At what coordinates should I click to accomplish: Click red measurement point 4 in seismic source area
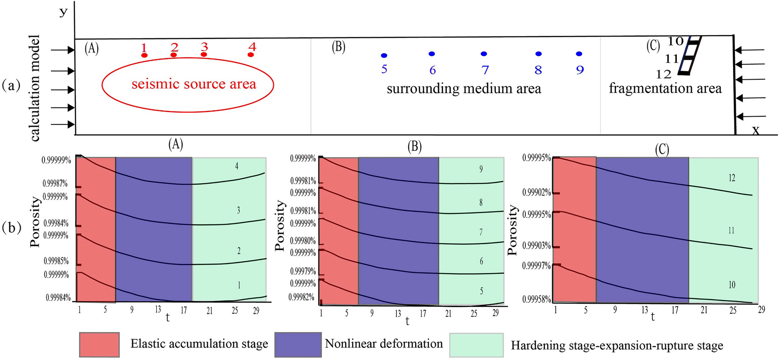[x=251, y=55]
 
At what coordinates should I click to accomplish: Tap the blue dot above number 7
[x=484, y=54]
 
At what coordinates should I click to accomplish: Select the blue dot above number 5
[x=384, y=55]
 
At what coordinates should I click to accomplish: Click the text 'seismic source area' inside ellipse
[x=194, y=84]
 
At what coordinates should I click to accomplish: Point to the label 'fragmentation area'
[x=665, y=88]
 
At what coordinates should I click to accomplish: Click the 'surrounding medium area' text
[x=464, y=88]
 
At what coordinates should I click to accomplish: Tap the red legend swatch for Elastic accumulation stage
[x=100, y=345]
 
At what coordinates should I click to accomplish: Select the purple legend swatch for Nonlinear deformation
[x=298, y=345]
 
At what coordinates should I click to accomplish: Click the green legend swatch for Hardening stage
[x=476, y=345]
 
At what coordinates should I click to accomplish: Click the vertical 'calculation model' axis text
[x=35, y=88]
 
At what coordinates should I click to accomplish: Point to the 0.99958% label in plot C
[x=536, y=299]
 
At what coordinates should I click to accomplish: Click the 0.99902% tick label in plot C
[x=536, y=193]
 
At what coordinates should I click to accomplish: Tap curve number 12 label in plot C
[x=731, y=178]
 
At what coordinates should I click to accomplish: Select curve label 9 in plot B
[x=481, y=169]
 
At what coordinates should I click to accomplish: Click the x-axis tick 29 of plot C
[x=761, y=309]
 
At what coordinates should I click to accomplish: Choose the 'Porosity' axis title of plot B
[x=280, y=226]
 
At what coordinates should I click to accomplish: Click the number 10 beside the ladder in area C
[x=675, y=41]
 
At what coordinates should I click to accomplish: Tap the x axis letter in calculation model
[x=755, y=130]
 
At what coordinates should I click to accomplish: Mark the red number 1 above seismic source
[x=144, y=48]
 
